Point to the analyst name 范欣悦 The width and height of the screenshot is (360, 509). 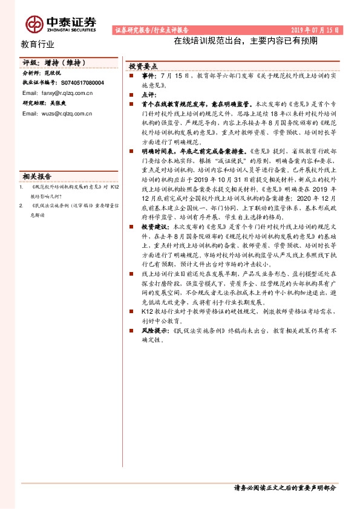pyautogui.click(x=53, y=73)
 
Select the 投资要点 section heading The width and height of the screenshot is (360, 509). pyautogui.click(x=143, y=67)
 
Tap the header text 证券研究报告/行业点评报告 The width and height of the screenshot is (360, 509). pyautogui.click(x=151, y=29)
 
